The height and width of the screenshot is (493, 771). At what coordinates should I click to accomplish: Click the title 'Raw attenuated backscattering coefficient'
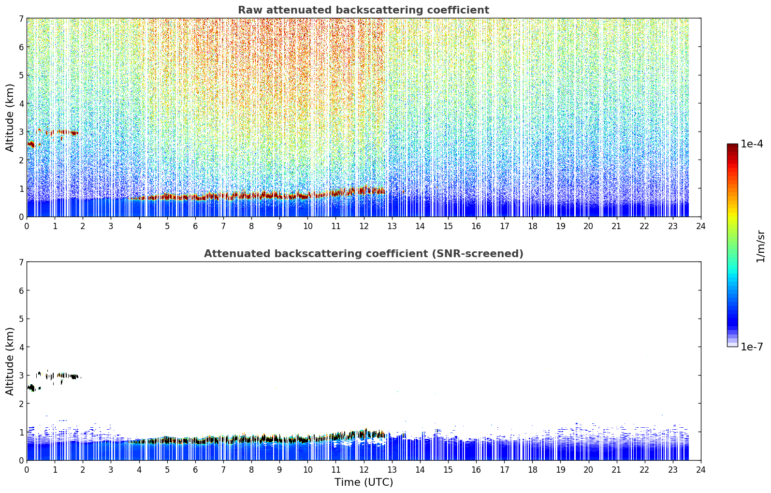[x=364, y=10]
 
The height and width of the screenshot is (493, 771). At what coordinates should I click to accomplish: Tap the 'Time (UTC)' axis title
[x=364, y=482]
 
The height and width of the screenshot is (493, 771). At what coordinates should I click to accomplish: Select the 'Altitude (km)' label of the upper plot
[x=10, y=118]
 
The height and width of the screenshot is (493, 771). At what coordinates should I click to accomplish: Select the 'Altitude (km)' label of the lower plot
[x=10, y=362]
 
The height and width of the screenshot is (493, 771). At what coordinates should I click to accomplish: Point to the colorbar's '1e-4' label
[x=752, y=144]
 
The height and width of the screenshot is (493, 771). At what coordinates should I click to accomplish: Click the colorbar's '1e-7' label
[x=752, y=347]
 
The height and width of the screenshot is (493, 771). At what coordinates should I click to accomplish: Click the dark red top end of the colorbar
[x=732, y=145]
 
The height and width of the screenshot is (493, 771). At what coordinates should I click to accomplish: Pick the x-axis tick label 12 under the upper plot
[x=364, y=226]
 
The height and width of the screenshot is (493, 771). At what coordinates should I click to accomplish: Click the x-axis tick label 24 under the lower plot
[x=701, y=470]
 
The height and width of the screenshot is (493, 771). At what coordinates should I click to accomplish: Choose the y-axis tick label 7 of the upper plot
[x=21, y=18]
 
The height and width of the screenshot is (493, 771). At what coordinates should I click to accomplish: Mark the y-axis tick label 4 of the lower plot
[x=21, y=347]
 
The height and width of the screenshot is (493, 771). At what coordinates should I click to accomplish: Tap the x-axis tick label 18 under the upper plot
[x=533, y=226]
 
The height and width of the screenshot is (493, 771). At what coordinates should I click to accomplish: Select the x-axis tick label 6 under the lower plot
[x=195, y=470]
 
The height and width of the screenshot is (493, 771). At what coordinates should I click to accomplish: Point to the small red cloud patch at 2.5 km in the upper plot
[x=31, y=144]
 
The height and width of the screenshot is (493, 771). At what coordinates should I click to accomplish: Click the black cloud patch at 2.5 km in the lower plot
[x=31, y=388]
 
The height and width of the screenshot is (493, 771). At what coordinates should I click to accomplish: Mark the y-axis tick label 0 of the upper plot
[x=21, y=217]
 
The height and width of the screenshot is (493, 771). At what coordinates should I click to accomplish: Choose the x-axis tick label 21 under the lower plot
[x=616, y=470]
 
